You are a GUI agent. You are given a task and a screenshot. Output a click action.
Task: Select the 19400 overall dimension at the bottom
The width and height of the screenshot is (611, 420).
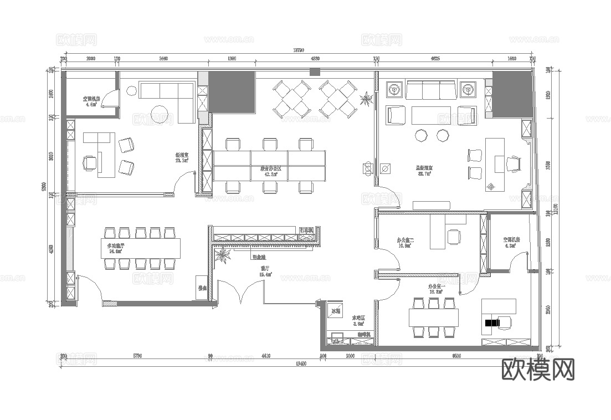tap(300, 363)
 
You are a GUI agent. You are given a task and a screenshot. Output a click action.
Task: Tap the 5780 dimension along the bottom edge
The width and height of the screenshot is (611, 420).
tap(137, 356)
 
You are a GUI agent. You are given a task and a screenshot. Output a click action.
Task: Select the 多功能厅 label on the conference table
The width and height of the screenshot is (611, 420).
tap(115, 247)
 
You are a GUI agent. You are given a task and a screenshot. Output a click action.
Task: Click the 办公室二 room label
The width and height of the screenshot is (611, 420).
tap(405, 242)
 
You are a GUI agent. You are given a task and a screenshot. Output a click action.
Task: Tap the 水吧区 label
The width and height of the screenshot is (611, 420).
tap(359, 320)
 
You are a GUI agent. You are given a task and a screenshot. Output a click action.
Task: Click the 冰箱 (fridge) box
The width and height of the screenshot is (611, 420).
tap(336, 310)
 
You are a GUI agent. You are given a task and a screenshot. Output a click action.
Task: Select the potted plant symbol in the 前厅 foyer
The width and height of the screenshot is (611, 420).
tap(224, 255)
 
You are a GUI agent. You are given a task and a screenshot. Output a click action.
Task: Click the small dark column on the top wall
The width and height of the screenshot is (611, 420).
tap(315, 71)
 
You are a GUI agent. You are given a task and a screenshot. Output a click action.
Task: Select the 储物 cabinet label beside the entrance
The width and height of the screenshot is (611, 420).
tap(202, 288)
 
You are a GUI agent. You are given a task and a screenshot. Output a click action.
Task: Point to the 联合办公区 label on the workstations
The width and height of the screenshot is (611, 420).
tap(270, 169)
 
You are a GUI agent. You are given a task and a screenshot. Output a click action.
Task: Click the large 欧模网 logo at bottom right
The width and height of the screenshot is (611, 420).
tap(537, 369)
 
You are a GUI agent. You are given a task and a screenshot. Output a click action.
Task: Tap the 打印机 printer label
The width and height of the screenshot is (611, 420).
tap(306, 229)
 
